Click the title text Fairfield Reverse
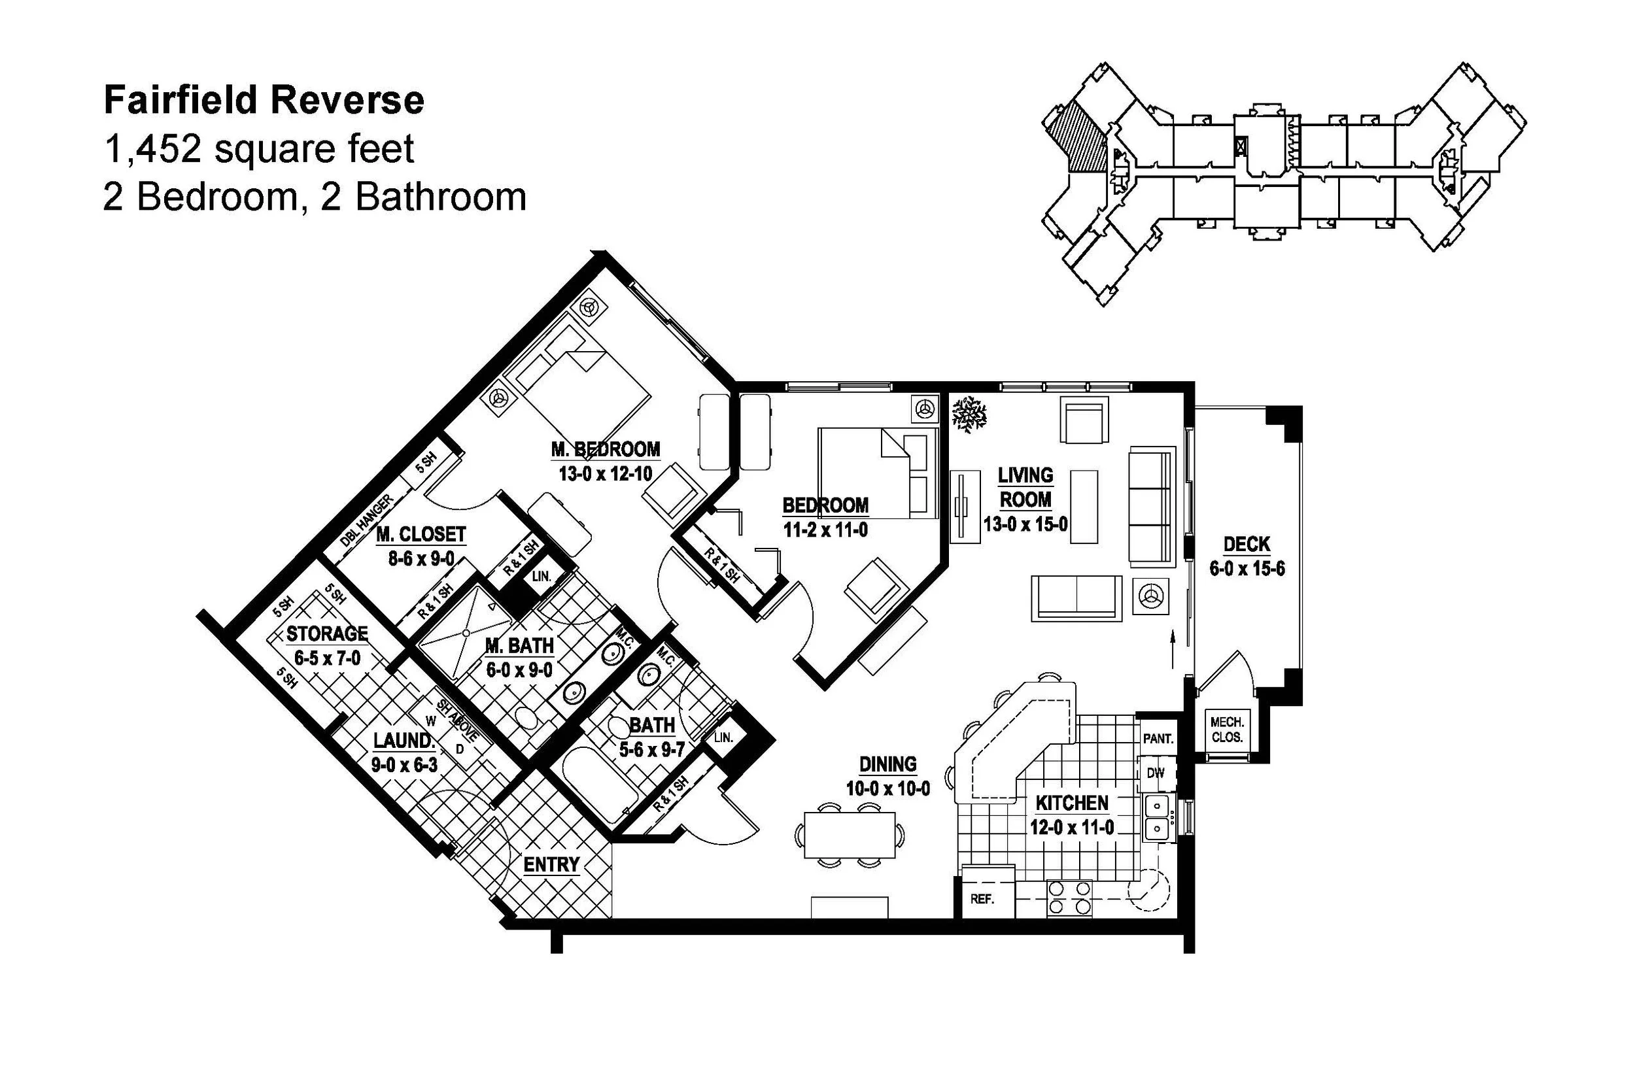click(x=264, y=100)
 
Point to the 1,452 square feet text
click(x=258, y=149)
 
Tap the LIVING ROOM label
click(x=1025, y=487)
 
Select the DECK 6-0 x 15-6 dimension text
click(x=1247, y=569)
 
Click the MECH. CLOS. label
click(x=1227, y=730)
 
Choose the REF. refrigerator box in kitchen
click(x=982, y=899)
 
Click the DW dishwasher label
click(x=1156, y=773)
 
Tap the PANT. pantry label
click(x=1158, y=739)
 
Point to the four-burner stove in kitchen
click(x=1070, y=899)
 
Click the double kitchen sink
click(x=1158, y=817)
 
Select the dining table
click(x=850, y=835)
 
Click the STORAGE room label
click(x=327, y=633)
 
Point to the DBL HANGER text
click(x=367, y=520)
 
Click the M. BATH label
click(x=519, y=645)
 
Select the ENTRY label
click(x=551, y=864)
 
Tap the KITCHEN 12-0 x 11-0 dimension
click(x=1072, y=828)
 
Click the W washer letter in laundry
click(x=432, y=721)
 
